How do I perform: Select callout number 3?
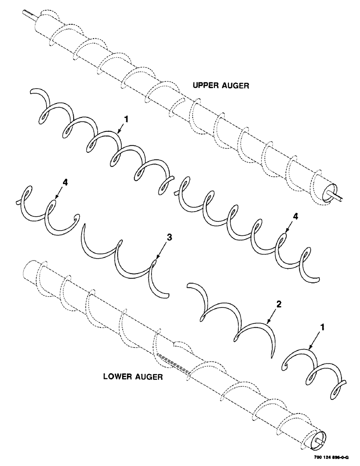[x=169, y=238]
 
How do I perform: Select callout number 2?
[x=279, y=304]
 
